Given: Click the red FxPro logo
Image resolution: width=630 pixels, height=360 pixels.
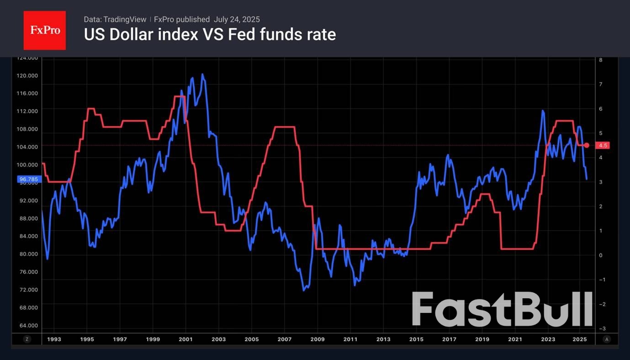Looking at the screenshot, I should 45,31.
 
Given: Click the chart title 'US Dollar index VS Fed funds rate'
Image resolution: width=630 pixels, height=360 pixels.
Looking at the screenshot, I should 210,34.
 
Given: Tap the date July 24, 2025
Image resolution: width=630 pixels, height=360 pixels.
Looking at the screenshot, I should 237,19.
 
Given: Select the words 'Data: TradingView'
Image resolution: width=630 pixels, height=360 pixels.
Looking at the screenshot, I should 115,19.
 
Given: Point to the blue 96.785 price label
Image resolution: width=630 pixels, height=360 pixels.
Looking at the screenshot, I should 29,180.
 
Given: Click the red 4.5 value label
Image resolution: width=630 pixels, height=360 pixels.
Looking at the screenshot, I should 603,145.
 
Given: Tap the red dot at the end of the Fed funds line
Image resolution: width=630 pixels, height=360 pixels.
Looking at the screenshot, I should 587,145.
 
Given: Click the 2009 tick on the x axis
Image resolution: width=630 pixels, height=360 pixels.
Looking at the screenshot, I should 318,339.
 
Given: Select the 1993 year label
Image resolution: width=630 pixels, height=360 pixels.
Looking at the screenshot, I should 54,339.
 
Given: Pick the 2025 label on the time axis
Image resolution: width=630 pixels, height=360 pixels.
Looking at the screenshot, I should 580,339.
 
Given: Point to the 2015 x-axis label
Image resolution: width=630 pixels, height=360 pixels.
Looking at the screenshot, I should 416,339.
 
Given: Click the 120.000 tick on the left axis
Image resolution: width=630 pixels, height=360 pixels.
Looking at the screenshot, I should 27,76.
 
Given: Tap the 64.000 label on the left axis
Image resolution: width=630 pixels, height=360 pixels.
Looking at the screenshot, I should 27,325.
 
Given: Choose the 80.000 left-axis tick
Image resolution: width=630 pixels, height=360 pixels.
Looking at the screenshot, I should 27,254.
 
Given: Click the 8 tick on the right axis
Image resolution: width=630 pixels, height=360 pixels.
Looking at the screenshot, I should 601,60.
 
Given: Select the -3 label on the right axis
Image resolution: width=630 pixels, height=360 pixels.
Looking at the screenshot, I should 602,328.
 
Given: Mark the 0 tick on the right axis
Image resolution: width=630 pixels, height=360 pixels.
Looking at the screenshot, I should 601,255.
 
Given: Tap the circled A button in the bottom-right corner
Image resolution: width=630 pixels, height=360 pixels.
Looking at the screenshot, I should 607,339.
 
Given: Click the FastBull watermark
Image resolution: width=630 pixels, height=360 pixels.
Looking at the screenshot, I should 502,309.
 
